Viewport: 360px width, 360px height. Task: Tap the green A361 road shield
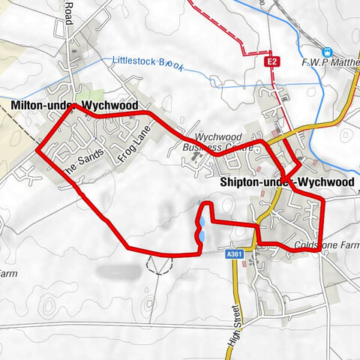point(235,255)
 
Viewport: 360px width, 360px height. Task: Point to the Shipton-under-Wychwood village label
point(287,181)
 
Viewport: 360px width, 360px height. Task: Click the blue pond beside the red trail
point(200,228)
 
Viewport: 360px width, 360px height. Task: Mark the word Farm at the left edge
point(7,274)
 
